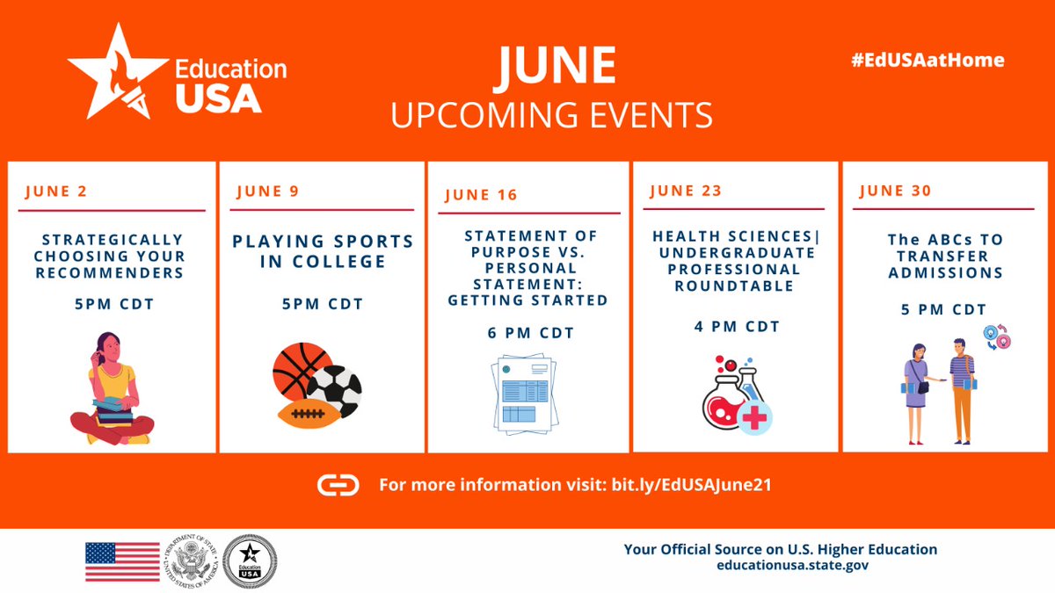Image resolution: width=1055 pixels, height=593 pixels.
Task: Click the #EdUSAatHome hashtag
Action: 928,61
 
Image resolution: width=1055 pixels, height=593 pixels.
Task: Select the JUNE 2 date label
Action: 56,192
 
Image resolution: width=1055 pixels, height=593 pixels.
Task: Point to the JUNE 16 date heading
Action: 481,195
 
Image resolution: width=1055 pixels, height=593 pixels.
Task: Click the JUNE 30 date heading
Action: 894,191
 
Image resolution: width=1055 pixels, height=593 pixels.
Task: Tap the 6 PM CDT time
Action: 530,333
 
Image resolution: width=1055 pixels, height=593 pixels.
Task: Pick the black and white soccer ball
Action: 335,392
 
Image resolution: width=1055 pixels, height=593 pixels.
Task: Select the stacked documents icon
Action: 522,393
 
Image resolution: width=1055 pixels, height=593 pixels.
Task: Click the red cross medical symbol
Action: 753,418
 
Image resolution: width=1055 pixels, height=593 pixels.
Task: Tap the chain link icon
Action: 338,485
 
